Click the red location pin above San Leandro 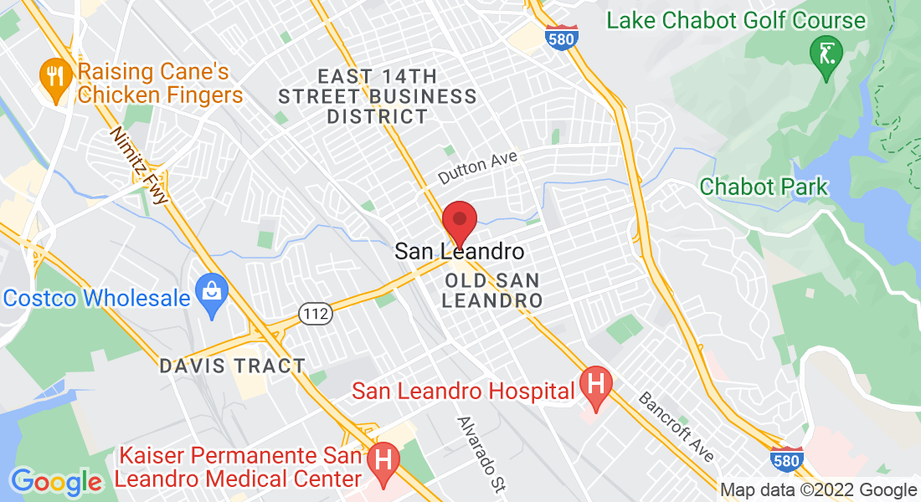click(x=459, y=221)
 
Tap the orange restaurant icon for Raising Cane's click(x=55, y=78)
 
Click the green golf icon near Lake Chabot click(x=826, y=54)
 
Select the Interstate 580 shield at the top click(x=560, y=37)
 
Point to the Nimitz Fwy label click(x=139, y=166)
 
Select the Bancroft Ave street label click(x=677, y=425)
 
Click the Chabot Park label click(x=764, y=187)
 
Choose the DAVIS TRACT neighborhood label click(x=233, y=366)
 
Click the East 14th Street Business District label click(x=378, y=96)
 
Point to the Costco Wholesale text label click(x=96, y=298)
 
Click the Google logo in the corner click(x=56, y=482)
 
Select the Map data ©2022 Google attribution click(x=819, y=490)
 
